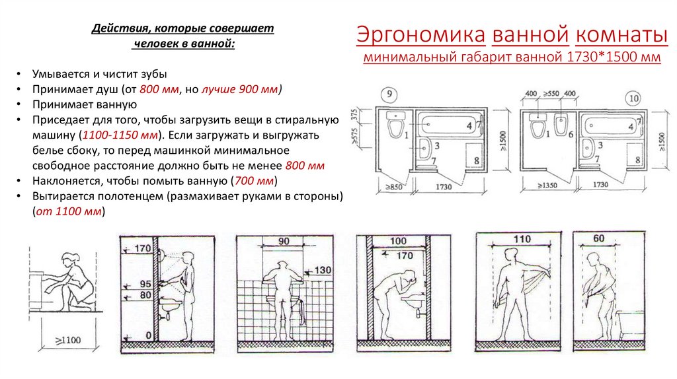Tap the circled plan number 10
pyautogui.click(x=633, y=99)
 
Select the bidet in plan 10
pyautogui.click(x=561, y=123)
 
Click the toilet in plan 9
pyautogui.click(x=395, y=126)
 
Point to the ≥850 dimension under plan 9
pyautogui.click(x=393, y=186)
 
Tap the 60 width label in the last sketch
pyautogui.click(x=599, y=239)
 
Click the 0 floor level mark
pyautogui.click(x=147, y=335)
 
